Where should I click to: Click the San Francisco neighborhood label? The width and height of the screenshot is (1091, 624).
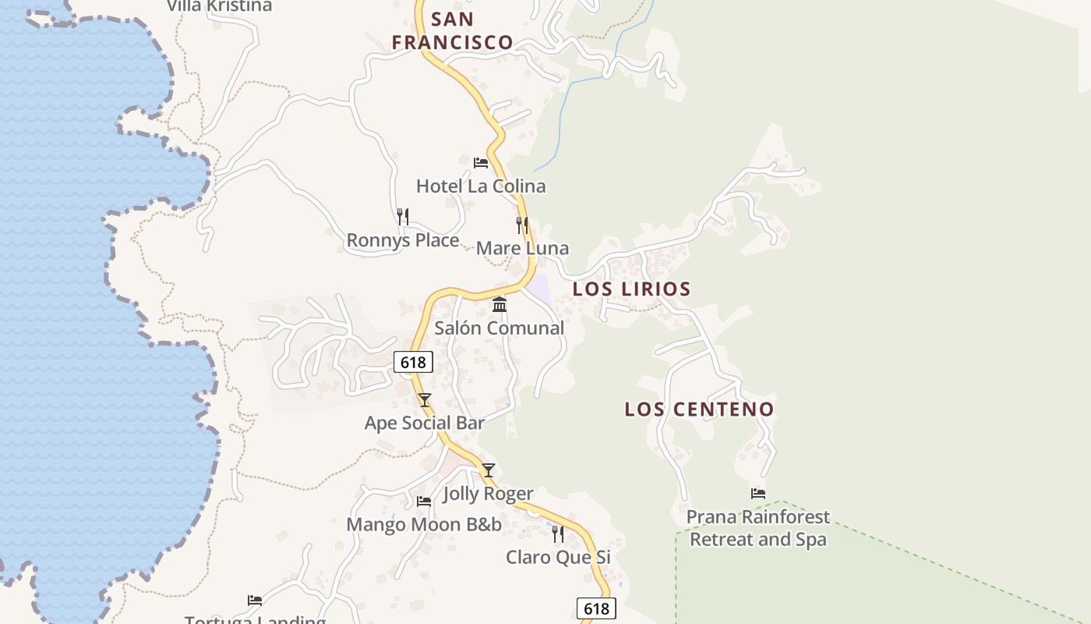pos(452,30)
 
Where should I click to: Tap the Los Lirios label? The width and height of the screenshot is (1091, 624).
pos(631,289)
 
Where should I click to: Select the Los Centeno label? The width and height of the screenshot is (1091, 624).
pos(699,409)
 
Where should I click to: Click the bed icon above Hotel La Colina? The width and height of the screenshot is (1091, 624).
pos(481,163)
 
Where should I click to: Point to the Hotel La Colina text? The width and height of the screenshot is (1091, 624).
pos(480,186)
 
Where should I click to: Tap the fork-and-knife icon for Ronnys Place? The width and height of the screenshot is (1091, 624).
pos(402,216)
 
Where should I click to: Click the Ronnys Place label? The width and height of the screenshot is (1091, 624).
pos(402,240)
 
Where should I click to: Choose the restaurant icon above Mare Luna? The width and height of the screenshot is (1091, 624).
pos(522,225)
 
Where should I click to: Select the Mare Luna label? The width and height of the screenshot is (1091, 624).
pos(522,248)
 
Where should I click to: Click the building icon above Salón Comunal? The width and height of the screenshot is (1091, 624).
pos(500,304)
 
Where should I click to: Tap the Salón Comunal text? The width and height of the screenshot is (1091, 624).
pos(499,328)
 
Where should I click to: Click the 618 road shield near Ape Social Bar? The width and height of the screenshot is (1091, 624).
pos(413,362)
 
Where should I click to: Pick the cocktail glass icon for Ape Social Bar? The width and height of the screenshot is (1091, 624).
pos(425,400)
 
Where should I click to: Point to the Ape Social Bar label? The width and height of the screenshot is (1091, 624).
pos(425,423)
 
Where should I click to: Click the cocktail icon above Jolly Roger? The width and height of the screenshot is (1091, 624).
pos(489,470)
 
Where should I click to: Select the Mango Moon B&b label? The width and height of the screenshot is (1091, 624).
pos(424,524)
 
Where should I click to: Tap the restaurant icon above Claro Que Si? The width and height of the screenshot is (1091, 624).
pos(558,534)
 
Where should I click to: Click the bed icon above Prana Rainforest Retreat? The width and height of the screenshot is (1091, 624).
pos(758,494)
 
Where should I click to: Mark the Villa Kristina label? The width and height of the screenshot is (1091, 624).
pos(219,6)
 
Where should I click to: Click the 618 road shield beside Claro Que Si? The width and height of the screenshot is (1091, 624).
pos(596,608)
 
